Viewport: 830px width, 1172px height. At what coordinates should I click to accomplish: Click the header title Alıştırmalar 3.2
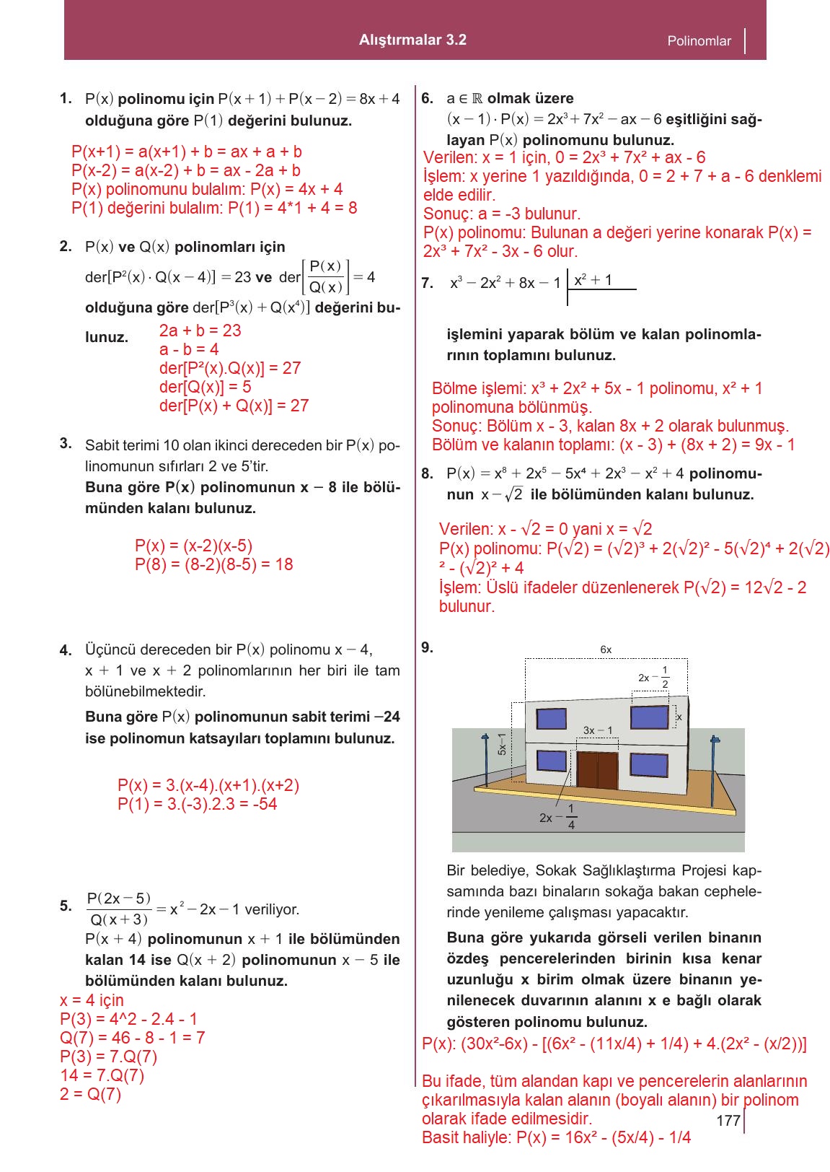point(412,40)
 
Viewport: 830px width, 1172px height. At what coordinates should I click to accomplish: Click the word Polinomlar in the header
point(699,41)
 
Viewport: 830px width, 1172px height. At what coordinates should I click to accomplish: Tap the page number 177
point(728,1120)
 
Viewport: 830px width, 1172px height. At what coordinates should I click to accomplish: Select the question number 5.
point(66,906)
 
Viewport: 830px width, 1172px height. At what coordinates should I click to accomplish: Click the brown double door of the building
point(597,770)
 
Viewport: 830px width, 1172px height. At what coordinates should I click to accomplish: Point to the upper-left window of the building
point(551,719)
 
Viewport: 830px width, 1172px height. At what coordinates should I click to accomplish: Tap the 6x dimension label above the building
point(606,650)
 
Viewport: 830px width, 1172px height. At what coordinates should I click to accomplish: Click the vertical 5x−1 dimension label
point(502,743)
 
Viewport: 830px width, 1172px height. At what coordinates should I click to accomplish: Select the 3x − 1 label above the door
point(597,730)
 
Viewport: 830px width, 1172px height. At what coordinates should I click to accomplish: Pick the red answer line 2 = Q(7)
point(91,1094)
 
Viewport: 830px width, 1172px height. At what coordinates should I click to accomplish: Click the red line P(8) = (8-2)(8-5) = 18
point(213,564)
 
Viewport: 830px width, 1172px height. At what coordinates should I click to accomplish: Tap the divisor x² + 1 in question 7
point(593,280)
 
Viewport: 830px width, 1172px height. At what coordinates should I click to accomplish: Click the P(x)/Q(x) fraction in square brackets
point(325,277)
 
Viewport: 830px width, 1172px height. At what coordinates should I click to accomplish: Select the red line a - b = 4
point(189,349)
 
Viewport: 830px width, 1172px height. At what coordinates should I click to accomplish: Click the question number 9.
point(427,647)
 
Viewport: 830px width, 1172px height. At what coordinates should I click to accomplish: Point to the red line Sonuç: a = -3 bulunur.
point(501,214)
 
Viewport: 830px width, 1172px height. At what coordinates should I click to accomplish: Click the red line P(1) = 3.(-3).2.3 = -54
point(197,804)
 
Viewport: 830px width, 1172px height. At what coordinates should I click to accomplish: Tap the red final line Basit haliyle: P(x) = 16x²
point(556,1137)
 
